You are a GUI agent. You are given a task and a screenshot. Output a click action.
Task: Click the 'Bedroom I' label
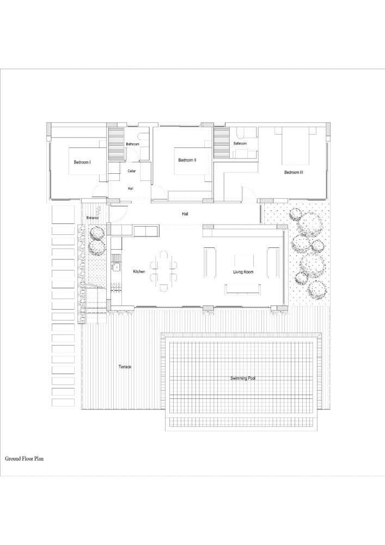pyautogui.click(x=82, y=162)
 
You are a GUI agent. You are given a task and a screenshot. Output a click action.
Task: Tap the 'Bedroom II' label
pyautogui.click(x=187, y=160)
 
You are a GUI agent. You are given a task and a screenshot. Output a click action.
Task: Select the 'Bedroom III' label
pyautogui.click(x=294, y=173)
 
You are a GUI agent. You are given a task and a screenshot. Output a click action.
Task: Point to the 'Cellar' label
pyautogui.click(x=132, y=171)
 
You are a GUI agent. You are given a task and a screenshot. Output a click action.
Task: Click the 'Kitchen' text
pyautogui.click(x=139, y=271)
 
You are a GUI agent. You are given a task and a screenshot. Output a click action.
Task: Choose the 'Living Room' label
pyautogui.click(x=242, y=272)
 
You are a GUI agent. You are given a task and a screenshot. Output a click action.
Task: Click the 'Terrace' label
pyautogui.click(x=125, y=367)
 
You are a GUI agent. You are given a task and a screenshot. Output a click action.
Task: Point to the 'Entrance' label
pyautogui.click(x=93, y=218)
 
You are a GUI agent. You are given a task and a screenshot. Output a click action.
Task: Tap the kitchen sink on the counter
pyautogui.click(x=116, y=267)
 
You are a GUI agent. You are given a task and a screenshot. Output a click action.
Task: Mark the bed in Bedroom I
pyautogui.click(x=87, y=160)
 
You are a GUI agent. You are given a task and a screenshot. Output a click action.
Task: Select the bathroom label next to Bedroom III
pyautogui.click(x=240, y=143)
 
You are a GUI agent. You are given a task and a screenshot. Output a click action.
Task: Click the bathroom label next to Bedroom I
pyautogui.click(x=133, y=144)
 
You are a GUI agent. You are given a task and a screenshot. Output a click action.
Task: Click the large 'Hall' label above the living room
pyautogui.click(x=185, y=214)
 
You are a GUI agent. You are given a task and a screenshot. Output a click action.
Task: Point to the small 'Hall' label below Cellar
pyautogui.click(x=131, y=189)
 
